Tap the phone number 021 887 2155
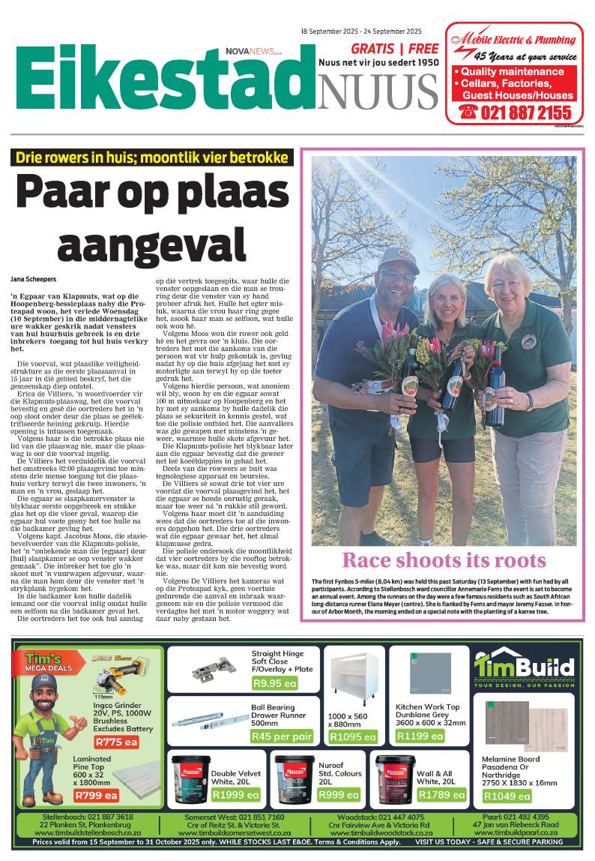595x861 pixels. click(x=516, y=112)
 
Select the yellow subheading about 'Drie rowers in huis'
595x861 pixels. click(x=150, y=158)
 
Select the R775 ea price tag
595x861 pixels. click(x=116, y=742)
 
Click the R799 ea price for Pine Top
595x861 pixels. click(x=95, y=796)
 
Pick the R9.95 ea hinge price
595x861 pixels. click(x=274, y=683)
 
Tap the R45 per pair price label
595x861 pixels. click(x=281, y=736)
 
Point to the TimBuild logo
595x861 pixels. click(x=524, y=667)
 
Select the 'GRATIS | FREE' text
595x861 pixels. click(x=378, y=48)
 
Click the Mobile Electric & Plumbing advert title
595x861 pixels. click(x=518, y=39)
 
